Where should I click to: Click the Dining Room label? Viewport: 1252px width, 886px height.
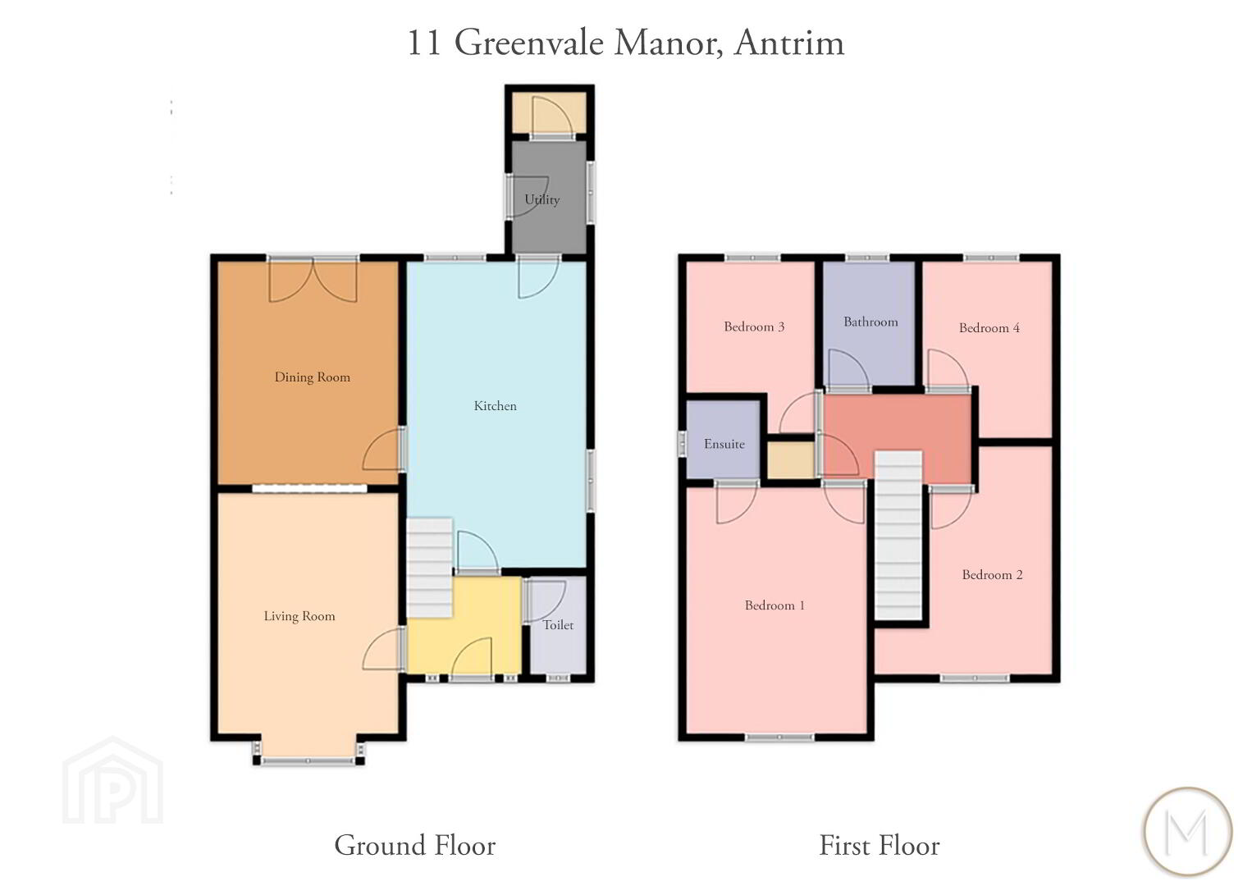point(313,377)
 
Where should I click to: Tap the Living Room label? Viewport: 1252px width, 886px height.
point(299,616)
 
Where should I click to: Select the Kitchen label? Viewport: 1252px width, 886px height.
point(496,406)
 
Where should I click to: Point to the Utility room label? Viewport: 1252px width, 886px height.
point(542,199)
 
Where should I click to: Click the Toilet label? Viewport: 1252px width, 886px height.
point(559,625)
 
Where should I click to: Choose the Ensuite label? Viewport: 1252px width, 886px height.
point(724,445)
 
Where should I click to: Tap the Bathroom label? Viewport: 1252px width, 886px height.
point(870,322)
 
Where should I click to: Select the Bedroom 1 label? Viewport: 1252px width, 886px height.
point(775,605)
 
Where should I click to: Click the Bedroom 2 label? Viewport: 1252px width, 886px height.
point(992,574)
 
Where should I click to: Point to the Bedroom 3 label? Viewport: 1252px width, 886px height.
point(754,327)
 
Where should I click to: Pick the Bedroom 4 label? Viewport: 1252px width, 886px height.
point(989,328)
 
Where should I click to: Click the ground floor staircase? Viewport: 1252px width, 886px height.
point(429,568)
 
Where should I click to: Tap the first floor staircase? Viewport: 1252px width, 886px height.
point(898,535)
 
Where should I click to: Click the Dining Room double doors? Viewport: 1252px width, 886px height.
point(313,281)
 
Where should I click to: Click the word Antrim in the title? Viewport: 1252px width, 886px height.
point(788,43)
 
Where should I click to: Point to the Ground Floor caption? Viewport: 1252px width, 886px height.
point(414,845)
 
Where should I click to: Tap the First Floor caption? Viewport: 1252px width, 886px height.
point(880,845)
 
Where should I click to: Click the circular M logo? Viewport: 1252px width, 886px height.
point(1188,831)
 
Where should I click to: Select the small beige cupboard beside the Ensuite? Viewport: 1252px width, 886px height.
point(790,459)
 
